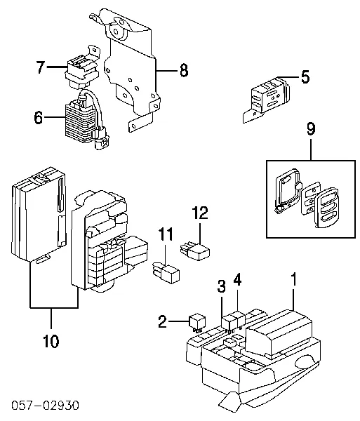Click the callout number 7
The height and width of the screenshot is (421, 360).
pyautogui.click(x=41, y=67)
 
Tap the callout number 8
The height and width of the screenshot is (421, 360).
pyautogui.click(x=184, y=71)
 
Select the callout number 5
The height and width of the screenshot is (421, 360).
pyautogui.click(x=305, y=76)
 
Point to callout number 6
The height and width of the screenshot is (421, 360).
pyautogui.click(x=39, y=117)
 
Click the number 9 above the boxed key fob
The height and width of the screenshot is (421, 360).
pyautogui.click(x=311, y=129)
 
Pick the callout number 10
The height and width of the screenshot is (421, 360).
pyautogui.click(x=51, y=341)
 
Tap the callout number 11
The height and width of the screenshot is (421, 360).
pyautogui.click(x=166, y=234)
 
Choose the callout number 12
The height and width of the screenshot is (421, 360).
pyautogui.click(x=200, y=213)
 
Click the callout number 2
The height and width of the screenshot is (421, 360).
pyautogui.click(x=162, y=321)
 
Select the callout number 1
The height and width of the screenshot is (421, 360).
pyautogui.click(x=294, y=279)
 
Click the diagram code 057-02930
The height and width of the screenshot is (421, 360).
pyautogui.click(x=45, y=405)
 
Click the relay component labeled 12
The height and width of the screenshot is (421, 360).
pyautogui.click(x=195, y=250)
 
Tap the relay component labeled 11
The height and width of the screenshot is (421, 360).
pyautogui.click(x=166, y=272)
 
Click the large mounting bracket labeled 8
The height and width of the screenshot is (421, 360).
pyautogui.click(x=131, y=69)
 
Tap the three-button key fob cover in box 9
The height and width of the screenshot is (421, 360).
pyautogui.click(x=327, y=208)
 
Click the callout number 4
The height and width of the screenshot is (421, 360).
pyautogui.click(x=237, y=279)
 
